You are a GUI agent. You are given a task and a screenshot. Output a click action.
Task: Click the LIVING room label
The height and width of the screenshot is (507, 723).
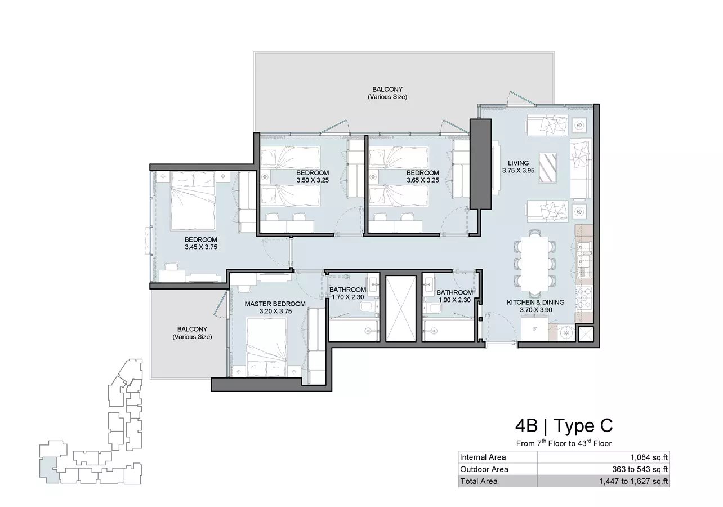(519, 163)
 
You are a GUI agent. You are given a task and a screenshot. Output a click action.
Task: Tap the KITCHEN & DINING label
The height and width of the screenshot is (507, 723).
(535, 303)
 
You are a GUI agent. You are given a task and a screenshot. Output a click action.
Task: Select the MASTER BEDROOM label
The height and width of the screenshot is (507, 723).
(275, 304)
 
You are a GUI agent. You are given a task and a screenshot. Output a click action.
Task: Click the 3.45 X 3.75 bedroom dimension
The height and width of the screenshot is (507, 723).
(201, 247)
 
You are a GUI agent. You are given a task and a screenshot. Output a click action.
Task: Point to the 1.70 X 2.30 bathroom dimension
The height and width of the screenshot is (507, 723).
(347, 297)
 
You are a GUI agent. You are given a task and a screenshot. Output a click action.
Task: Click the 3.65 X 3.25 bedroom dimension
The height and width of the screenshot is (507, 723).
(422, 180)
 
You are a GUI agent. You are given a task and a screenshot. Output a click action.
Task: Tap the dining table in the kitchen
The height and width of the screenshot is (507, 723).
(535, 264)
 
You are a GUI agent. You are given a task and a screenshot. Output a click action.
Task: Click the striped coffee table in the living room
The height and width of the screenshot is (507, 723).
(548, 168)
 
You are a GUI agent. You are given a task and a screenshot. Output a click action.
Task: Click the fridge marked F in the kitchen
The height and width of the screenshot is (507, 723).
(534, 329)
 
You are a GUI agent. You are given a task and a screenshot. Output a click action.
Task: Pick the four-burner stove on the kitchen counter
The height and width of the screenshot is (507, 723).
(584, 298)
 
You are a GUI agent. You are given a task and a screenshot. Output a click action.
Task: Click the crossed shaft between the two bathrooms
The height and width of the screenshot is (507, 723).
(401, 308)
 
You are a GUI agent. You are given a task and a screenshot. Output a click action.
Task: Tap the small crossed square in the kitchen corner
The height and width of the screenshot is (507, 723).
(586, 334)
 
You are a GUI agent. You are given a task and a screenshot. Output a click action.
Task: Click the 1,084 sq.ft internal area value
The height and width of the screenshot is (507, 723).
(649, 457)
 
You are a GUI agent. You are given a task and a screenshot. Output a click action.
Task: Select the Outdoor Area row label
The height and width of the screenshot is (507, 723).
(484, 469)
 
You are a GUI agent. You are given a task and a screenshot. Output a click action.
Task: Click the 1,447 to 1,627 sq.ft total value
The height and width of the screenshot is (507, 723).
(633, 481)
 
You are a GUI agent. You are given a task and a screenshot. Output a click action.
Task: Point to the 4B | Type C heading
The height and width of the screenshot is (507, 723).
(564, 425)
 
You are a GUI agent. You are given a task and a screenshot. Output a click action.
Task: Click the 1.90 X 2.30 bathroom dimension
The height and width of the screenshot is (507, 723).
(454, 300)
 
